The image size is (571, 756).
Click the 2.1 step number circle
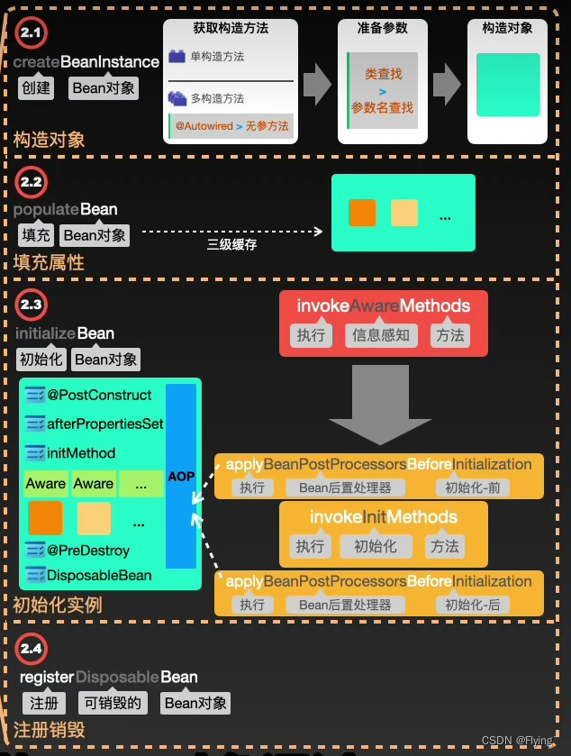tap(32, 33)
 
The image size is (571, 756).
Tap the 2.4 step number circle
tap(32, 649)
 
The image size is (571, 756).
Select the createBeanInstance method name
tap(86, 62)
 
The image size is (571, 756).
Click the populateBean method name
tap(66, 209)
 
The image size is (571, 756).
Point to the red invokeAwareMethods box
tap(384, 322)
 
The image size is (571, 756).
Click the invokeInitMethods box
tap(384, 532)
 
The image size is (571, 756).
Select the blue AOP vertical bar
tap(181, 475)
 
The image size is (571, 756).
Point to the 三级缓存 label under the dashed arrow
tap(231, 243)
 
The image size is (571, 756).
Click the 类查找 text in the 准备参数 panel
tap(383, 74)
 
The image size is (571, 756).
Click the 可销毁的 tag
tap(113, 703)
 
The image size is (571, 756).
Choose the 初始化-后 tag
tap(471, 605)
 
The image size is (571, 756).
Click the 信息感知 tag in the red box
tap(382, 335)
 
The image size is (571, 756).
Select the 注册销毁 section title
tap(50, 729)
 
